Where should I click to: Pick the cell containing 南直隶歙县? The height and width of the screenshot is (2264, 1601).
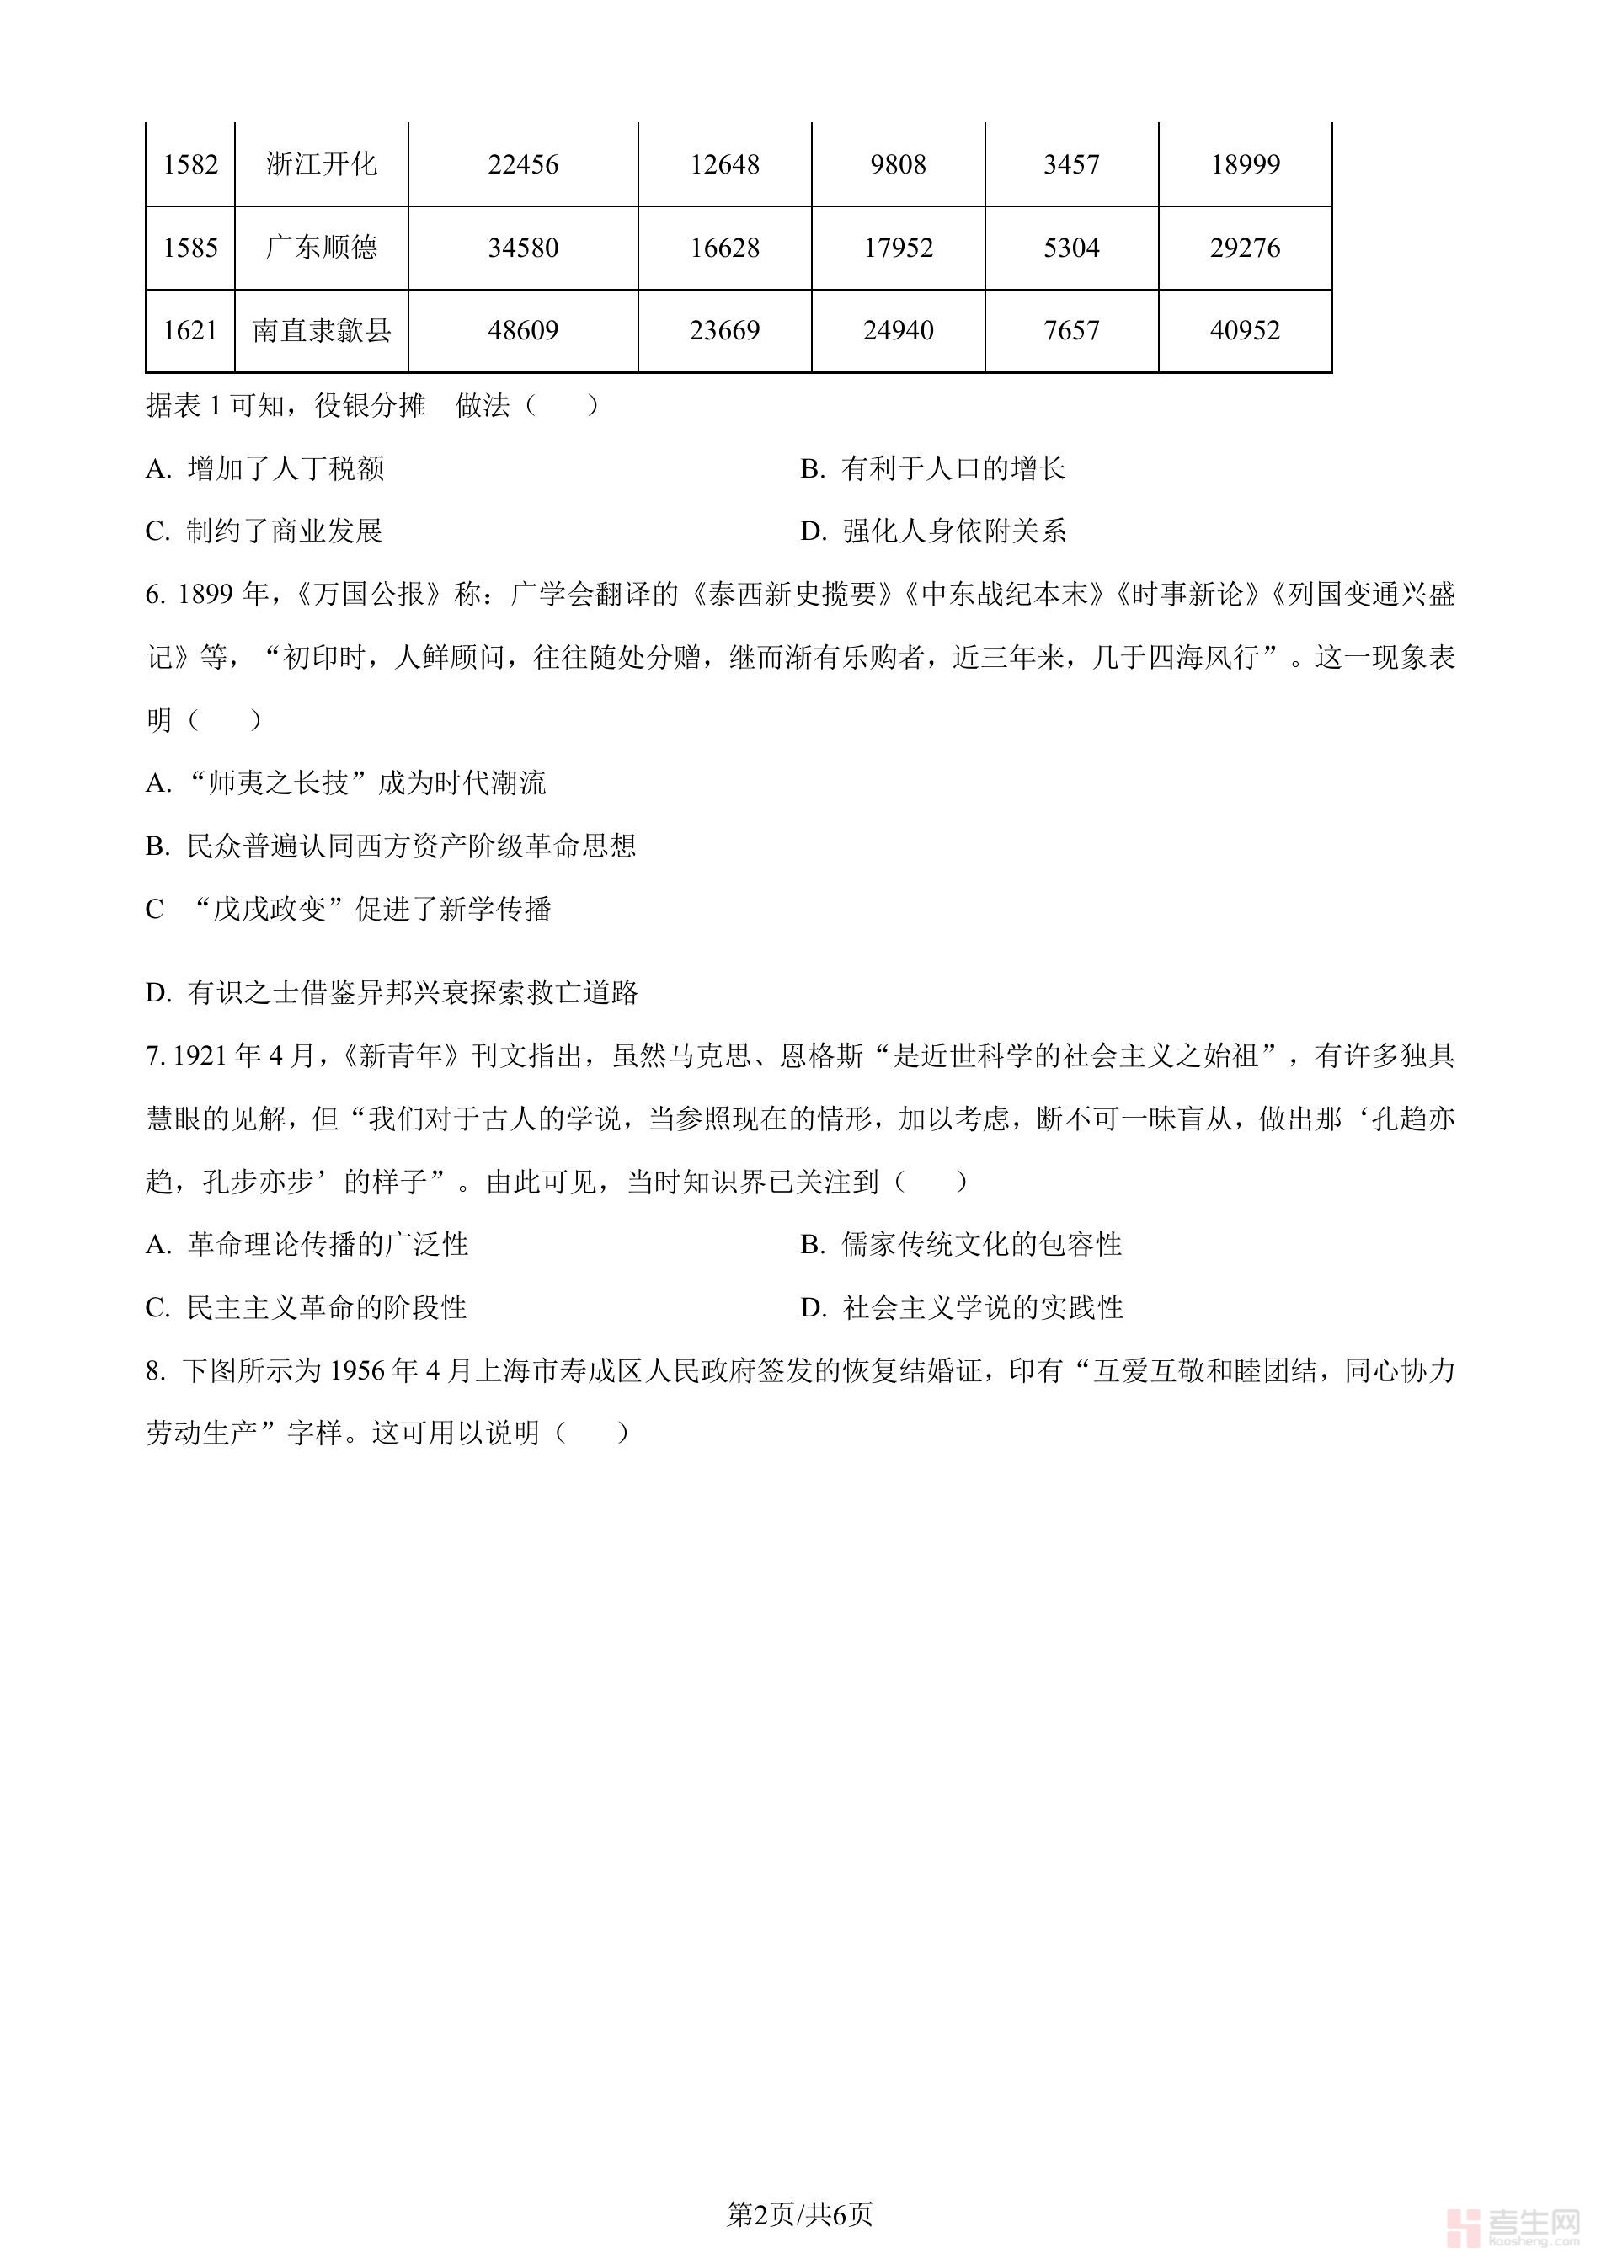(322, 330)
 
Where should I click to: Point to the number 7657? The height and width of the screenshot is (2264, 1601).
(1070, 330)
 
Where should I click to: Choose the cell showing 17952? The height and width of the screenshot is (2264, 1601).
(897, 248)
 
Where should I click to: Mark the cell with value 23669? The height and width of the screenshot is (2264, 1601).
(724, 330)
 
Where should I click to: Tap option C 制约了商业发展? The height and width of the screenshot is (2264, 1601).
(264, 531)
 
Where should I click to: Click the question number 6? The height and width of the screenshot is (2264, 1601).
(154, 595)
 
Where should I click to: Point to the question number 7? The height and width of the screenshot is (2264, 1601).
(154, 1056)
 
